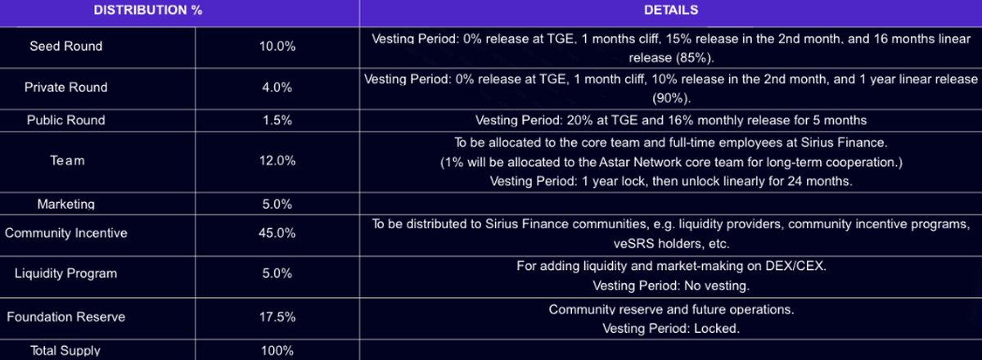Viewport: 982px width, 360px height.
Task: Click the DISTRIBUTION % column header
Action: click(x=148, y=11)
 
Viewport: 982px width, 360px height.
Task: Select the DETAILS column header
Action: click(x=670, y=11)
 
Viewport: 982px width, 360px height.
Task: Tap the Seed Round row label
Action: click(x=66, y=47)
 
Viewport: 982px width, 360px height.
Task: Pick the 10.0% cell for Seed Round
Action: click(x=277, y=47)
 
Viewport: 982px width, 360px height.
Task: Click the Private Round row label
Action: click(x=66, y=88)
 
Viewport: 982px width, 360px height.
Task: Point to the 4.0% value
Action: click(x=277, y=88)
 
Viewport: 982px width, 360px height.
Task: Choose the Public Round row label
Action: click(x=66, y=120)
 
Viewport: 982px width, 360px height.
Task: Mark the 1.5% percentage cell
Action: click(x=277, y=120)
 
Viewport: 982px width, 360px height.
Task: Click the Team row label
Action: click(x=66, y=161)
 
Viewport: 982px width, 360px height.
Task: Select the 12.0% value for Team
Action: click(x=277, y=161)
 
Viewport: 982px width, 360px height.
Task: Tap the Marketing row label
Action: click(x=66, y=204)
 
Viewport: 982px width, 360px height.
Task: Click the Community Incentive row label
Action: click(x=66, y=233)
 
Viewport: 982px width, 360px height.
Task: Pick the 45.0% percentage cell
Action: click(x=277, y=233)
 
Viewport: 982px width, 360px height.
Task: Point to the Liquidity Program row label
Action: click(x=66, y=274)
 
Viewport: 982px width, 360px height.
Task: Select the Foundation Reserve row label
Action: click(x=66, y=317)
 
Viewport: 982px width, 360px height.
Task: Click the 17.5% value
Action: click(x=277, y=317)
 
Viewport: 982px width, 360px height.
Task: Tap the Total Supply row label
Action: click(x=66, y=351)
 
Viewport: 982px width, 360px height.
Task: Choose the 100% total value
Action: click(x=277, y=351)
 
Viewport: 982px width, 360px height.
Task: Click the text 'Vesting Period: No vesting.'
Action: click(x=670, y=286)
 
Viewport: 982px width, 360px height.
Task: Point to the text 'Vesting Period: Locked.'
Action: click(x=670, y=328)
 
